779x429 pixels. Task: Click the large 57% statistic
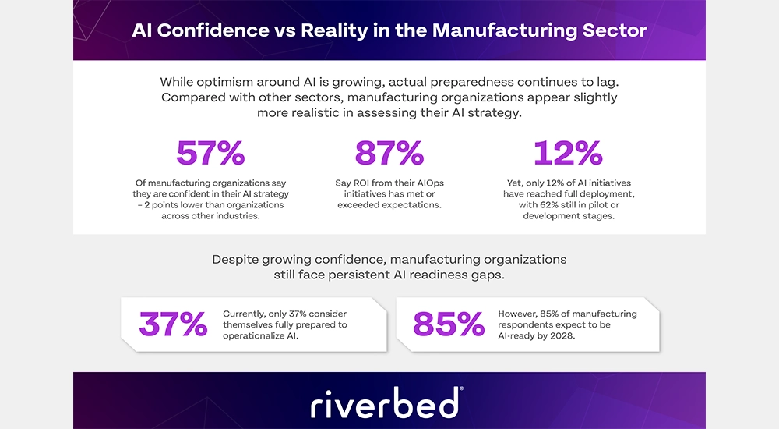pyautogui.click(x=210, y=154)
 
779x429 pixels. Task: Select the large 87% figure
pyautogui.click(x=389, y=154)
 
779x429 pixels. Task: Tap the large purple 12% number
pyautogui.click(x=567, y=154)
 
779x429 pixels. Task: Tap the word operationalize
pyautogui.click(x=263, y=335)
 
